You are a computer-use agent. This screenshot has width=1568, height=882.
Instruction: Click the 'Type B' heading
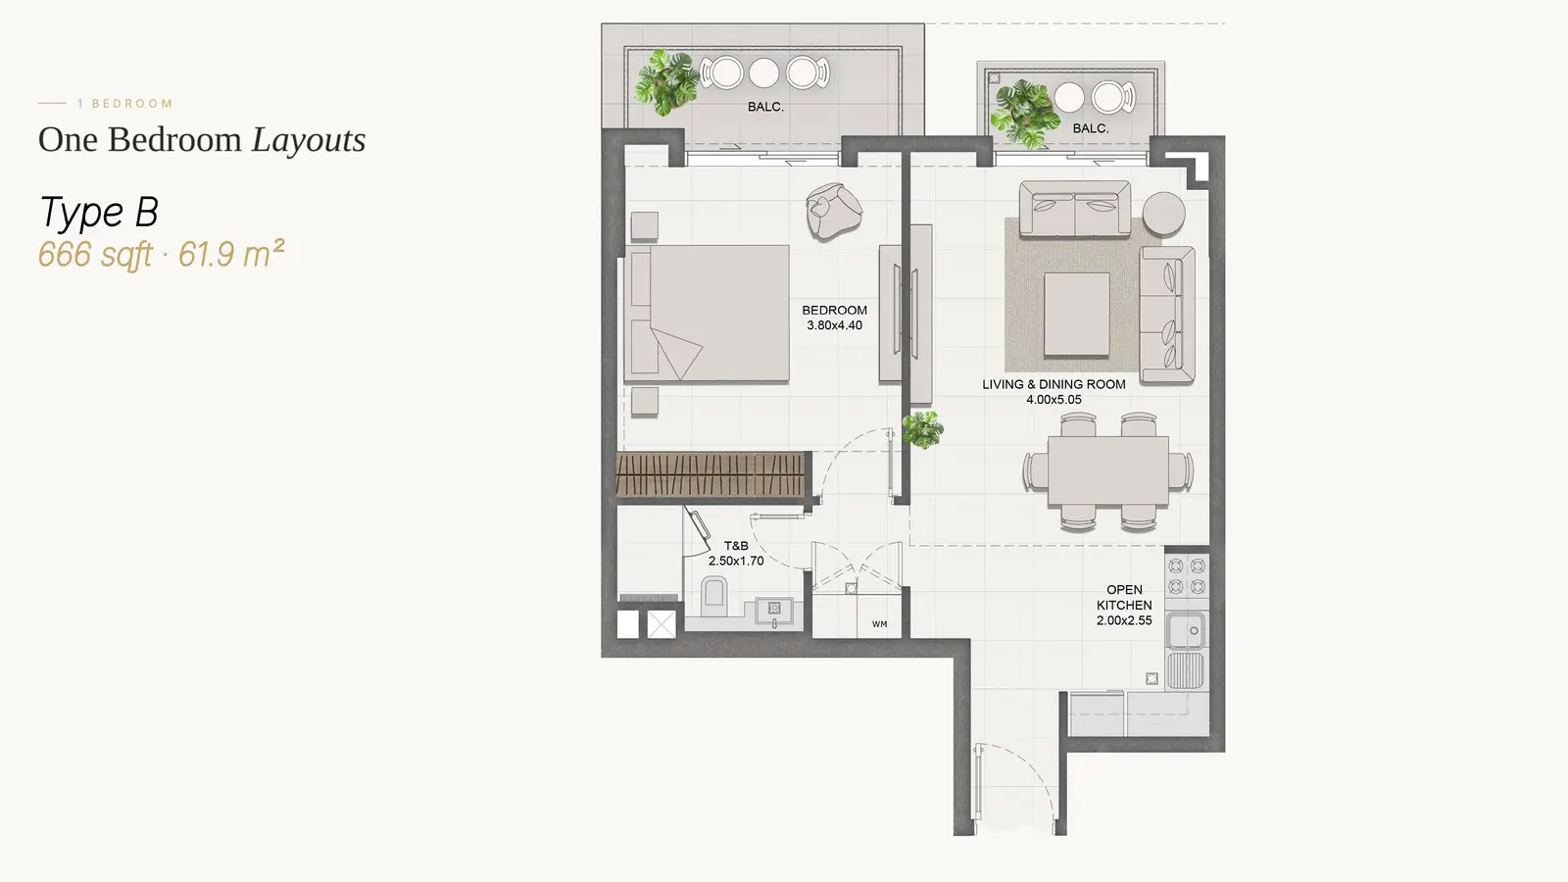pyautogui.click(x=99, y=212)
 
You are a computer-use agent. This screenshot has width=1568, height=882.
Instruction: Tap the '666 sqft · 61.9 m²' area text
pyautogui.click(x=161, y=254)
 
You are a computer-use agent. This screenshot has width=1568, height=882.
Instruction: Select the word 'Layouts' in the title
pyautogui.click(x=309, y=139)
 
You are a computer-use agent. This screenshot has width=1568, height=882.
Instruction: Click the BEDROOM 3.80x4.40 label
pyautogui.click(x=834, y=318)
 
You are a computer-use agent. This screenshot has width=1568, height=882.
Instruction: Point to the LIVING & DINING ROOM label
pyautogui.click(x=1053, y=392)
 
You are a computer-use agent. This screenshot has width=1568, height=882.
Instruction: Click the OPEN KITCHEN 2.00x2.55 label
pyautogui.click(x=1124, y=605)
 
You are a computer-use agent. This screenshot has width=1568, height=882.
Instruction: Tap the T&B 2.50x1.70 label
pyautogui.click(x=736, y=553)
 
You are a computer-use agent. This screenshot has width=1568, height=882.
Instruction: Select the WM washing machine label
pyautogui.click(x=880, y=623)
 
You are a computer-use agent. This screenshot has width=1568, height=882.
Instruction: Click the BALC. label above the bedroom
pyautogui.click(x=765, y=107)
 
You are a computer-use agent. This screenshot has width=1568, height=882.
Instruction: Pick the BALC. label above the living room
pyautogui.click(x=1091, y=128)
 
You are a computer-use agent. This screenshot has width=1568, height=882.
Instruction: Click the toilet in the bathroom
pyautogui.click(x=714, y=594)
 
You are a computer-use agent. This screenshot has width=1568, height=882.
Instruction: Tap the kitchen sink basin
pyautogui.click(x=1185, y=630)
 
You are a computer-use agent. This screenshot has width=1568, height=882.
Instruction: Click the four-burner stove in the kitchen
pyautogui.click(x=1187, y=576)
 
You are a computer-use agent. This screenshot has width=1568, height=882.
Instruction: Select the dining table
pyautogui.click(x=1108, y=470)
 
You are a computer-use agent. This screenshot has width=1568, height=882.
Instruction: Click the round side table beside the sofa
pyautogui.click(x=1163, y=214)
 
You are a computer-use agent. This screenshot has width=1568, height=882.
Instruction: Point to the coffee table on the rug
pyautogui.click(x=1077, y=315)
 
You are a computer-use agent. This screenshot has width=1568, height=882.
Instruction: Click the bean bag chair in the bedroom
pyautogui.click(x=833, y=211)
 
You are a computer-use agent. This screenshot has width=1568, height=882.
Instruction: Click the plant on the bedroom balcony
pyautogui.click(x=666, y=82)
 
